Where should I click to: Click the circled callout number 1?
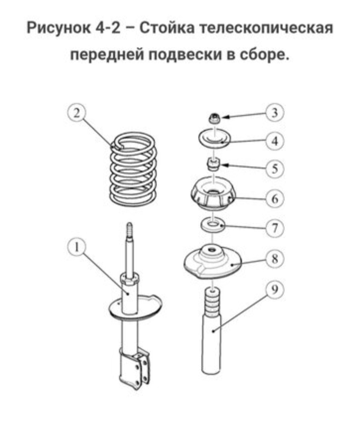click(77, 247)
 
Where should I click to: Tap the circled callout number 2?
click(77, 113)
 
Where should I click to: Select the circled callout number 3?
click(275, 113)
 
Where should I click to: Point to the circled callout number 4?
click(275, 141)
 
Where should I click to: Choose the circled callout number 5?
click(275, 169)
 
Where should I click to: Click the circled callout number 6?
click(275, 199)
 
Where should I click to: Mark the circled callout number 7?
click(275, 228)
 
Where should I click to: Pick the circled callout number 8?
click(275, 259)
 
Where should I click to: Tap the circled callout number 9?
click(275, 290)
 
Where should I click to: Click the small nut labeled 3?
click(215, 118)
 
